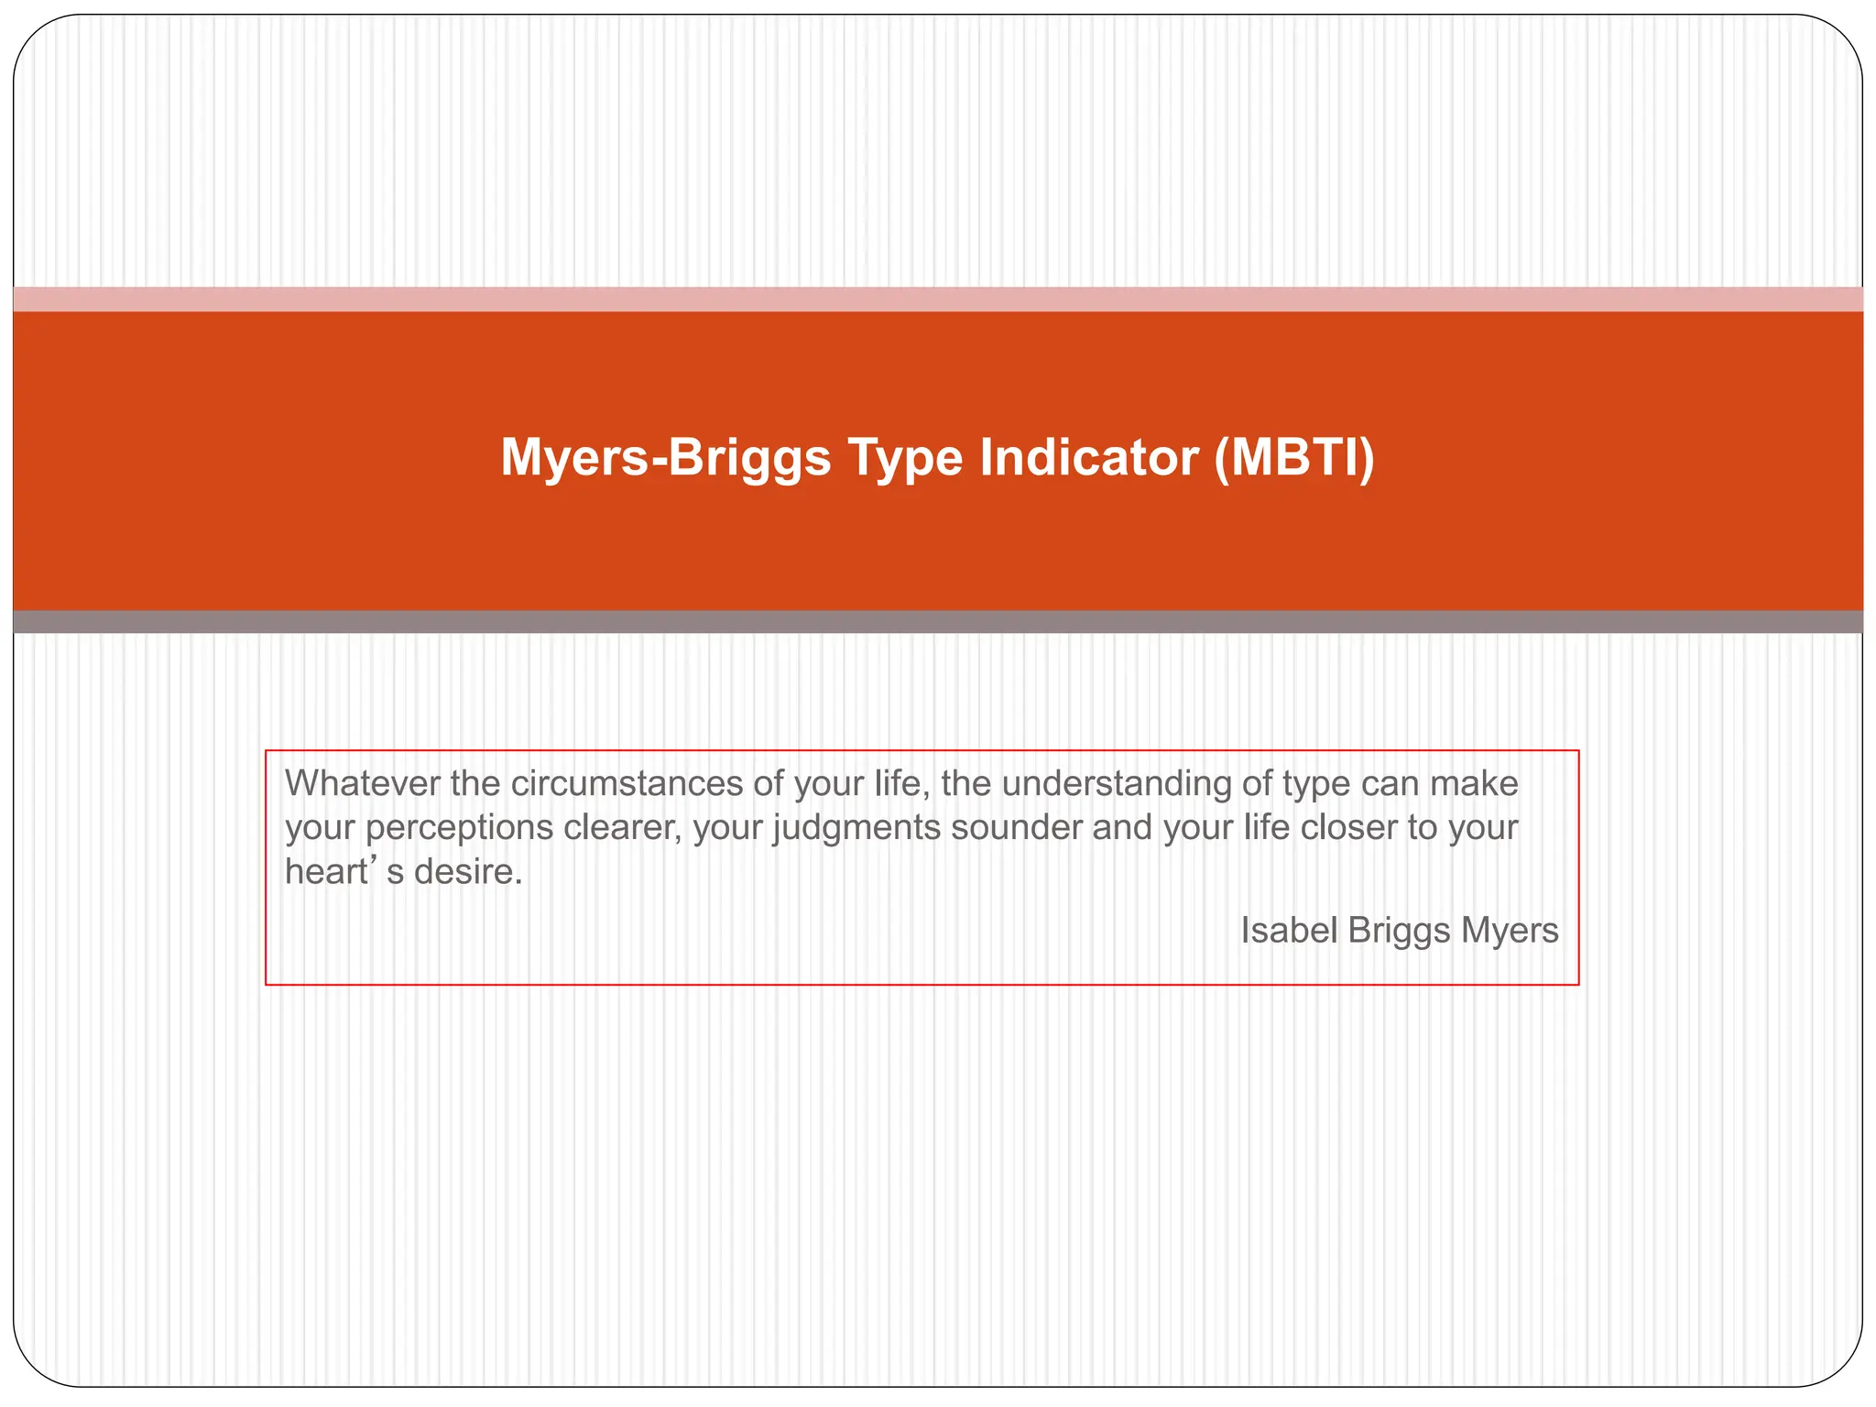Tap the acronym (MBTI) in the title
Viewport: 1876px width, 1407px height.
point(1294,457)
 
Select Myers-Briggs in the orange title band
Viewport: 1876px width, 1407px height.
point(665,457)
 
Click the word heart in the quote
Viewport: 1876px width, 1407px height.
point(325,872)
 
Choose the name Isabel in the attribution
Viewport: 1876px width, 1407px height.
point(1289,931)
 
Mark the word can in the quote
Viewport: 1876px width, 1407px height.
point(1390,784)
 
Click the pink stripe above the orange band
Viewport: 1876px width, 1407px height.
point(938,300)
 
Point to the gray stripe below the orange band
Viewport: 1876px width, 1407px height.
point(938,622)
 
